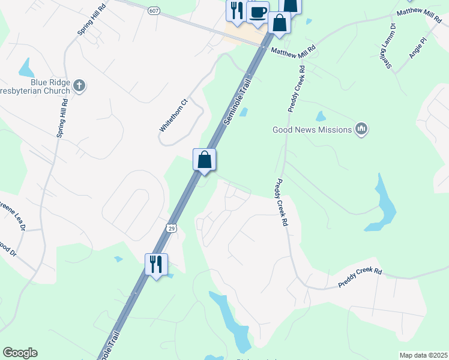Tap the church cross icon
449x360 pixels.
79,85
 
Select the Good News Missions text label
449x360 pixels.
312,129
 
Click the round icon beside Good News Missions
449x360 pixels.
361,128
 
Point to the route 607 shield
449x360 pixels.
154,11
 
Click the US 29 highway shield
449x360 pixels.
172,228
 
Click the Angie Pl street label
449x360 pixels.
417,48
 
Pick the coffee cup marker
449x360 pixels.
258,12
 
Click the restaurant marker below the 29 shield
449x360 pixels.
156,263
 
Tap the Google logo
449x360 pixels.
20,353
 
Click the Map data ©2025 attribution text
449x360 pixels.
423,355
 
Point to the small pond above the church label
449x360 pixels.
26,67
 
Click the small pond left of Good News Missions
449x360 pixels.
321,116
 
